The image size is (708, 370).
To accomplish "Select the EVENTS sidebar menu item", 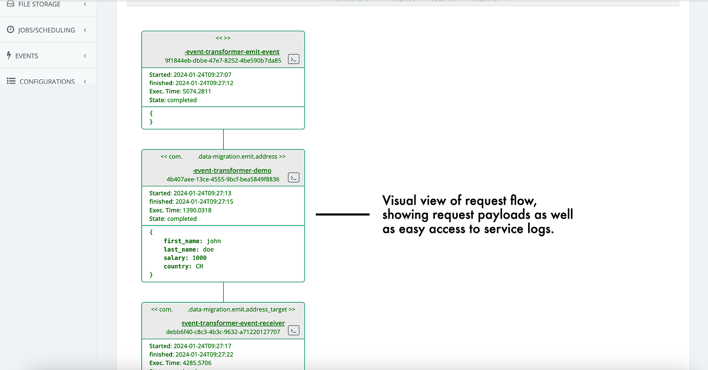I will (x=27, y=56).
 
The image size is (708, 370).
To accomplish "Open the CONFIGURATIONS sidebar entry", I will (x=47, y=81).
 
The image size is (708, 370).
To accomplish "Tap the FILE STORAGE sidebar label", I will (x=39, y=4).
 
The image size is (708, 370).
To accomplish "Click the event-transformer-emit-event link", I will (x=232, y=52).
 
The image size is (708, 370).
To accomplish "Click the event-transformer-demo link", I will (x=232, y=170).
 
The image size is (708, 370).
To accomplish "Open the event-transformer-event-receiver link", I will (x=233, y=323).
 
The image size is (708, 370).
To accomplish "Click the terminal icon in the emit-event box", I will (x=294, y=59).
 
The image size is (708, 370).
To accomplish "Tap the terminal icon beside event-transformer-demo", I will (x=294, y=177).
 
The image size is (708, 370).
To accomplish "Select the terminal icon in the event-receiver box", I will (x=294, y=330).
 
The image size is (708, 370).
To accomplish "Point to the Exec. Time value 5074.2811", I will (x=197, y=91).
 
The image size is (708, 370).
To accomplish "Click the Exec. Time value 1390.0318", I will (x=197, y=210).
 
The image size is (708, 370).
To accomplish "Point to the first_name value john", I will (x=214, y=241).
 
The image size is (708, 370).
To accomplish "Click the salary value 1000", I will (x=199, y=258).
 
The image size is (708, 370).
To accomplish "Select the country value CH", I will (x=199, y=266).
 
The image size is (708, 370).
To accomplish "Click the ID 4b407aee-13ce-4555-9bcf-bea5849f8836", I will (x=223, y=179).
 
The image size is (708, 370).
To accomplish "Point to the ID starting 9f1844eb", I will (x=223, y=61).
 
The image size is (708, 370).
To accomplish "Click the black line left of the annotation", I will (x=343, y=214).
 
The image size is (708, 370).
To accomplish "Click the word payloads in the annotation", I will (x=504, y=215).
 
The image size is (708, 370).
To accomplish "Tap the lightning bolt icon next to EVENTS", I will (x=9, y=55).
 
